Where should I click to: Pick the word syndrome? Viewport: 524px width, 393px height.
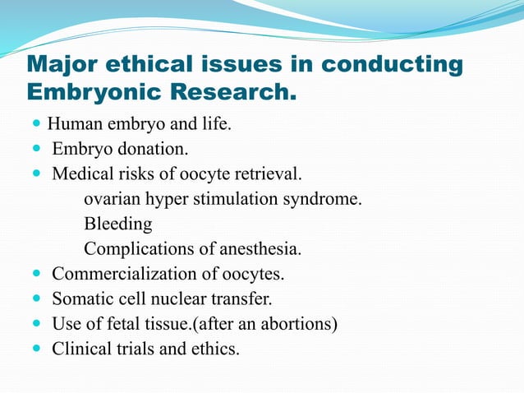[x=326, y=199]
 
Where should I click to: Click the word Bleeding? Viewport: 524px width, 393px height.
[x=118, y=224]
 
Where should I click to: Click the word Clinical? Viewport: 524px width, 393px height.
[x=82, y=349]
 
